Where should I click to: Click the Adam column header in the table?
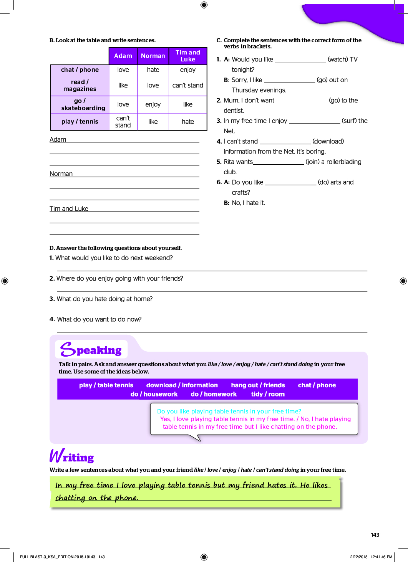123,56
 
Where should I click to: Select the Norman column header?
153,56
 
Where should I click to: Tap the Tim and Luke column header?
188,56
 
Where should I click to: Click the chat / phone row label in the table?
80,70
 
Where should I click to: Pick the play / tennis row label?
80,122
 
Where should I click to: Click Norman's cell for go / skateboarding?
153,104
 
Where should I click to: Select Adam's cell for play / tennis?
123,122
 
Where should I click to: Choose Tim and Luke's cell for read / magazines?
188,85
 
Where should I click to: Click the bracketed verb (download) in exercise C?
328,141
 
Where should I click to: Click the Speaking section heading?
91,350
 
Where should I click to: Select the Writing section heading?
72,456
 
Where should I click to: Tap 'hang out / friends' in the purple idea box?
258,385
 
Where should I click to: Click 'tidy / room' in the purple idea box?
268,394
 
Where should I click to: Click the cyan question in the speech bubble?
229,411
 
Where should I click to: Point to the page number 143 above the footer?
375,535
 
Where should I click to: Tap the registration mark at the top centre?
204,5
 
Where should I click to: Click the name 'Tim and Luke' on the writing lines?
69,209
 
